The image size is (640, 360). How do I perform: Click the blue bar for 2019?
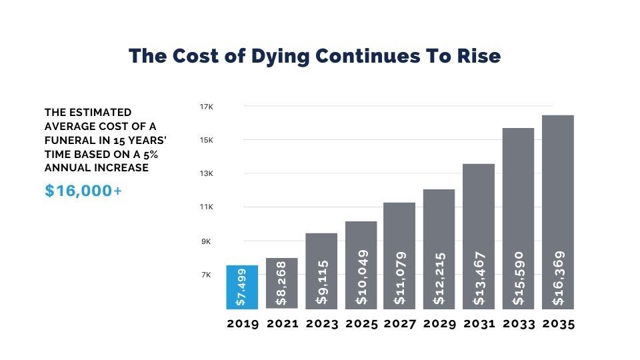[242, 287]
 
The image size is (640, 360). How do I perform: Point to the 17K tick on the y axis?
[205, 107]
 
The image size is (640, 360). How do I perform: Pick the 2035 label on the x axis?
[558, 324]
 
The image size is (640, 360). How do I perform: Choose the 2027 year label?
[400, 324]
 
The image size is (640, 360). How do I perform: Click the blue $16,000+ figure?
[83, 191]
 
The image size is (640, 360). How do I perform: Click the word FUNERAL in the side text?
[71, 140]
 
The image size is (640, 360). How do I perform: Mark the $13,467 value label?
[479, 279]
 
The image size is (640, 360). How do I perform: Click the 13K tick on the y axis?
[205, 174]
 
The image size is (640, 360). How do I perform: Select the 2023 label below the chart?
[321, 324]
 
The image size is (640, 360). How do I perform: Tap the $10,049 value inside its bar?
[361, 277]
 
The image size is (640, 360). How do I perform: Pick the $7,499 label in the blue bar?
[242, 287]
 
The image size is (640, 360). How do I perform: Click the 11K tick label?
[205, 207]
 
